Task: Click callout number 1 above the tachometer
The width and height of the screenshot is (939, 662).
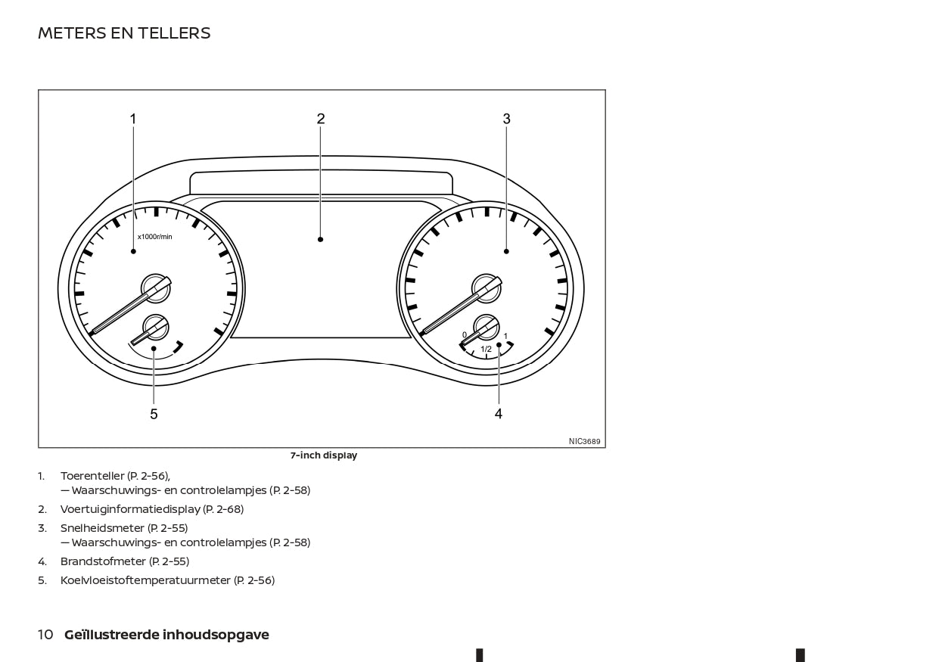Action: (x=133, y=119)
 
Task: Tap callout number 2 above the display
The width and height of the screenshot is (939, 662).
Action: (x=321, y=119)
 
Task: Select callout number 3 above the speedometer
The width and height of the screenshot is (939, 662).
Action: (x=507, y=119)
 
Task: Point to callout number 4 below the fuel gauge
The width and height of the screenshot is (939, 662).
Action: (x=499, y=414)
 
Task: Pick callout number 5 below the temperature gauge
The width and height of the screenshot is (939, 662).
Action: (x=154, y=414)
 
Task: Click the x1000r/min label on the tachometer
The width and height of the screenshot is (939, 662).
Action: (x=154, y=237)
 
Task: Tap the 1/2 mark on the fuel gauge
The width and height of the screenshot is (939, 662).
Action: (x=486, y=349)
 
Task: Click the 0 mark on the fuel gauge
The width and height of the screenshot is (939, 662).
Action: (x=465, y=334)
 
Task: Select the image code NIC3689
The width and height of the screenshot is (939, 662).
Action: (x=584, y=442)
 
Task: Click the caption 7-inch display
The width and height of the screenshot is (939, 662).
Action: (x=324, y=455)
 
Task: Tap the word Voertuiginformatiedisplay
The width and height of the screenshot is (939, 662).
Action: (x=130, y=509)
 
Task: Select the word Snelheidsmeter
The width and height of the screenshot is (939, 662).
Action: (x=102, y=528)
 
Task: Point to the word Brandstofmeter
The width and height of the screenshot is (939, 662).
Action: (x=103, y=561)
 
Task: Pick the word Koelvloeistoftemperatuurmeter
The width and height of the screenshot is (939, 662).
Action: (x=145, y=580)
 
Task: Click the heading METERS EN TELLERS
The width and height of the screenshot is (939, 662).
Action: (x=124, y=33)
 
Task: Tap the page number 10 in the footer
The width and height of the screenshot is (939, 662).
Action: (x=45, y=635)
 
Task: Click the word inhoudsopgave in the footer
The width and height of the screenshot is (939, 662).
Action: (x=216, y=636)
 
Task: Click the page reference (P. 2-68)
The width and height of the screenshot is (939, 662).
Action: (x=223, y=509)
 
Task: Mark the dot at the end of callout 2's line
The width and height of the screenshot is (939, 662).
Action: (x=321, y=239)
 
